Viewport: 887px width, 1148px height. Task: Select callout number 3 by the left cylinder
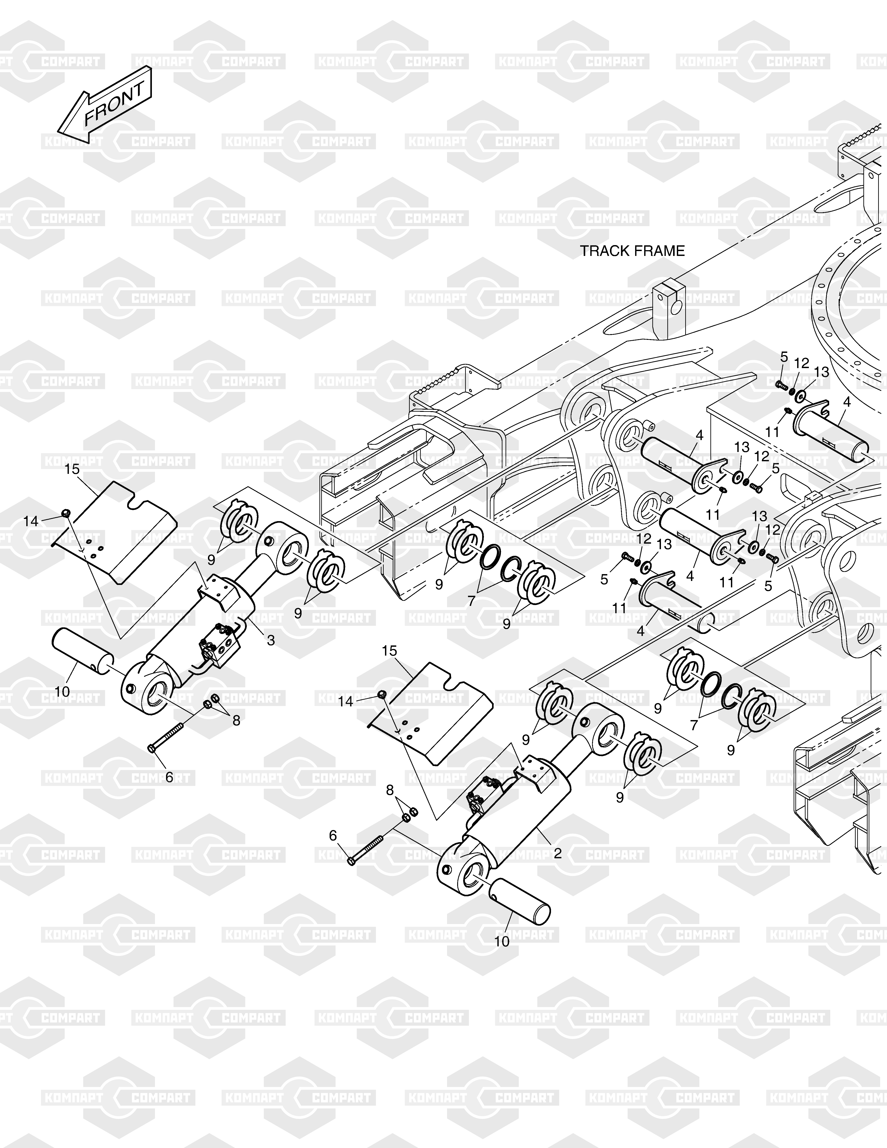[271, 640]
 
